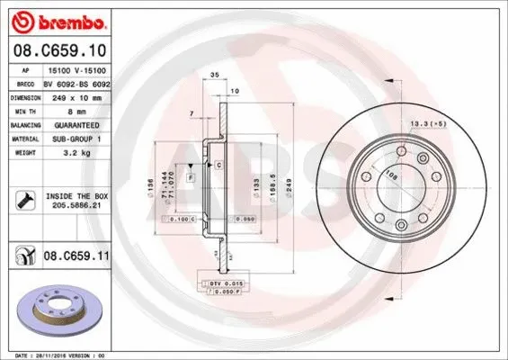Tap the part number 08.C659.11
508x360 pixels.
[x=76, y=256]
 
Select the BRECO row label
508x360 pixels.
[x=26, y=82]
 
